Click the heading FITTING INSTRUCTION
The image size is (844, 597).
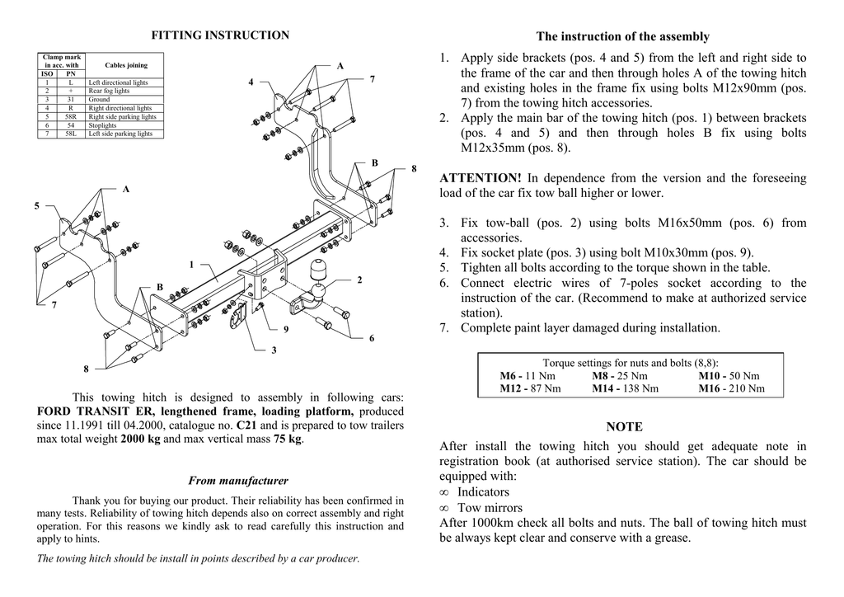point(220,35)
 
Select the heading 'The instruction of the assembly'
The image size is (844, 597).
point(622,37)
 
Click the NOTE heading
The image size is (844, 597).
point(624,427)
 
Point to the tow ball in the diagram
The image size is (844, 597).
point(319,272)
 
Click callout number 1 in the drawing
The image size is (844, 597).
point(191,265)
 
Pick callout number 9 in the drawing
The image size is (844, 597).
point(286,330)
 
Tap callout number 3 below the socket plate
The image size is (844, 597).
point(274,351)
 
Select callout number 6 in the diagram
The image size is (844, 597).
point(372,338)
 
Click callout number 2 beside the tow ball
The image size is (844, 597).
point(359,280)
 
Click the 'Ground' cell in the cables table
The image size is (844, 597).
point(99,100)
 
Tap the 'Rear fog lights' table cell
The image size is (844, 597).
point(109,92)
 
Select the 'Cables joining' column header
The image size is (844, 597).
point(126,65)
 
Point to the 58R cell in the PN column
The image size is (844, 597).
point(71,116)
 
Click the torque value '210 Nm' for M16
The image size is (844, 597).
point(744,388)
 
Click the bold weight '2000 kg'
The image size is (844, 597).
point(140,440)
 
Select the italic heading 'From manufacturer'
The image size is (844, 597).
point(238,481)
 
